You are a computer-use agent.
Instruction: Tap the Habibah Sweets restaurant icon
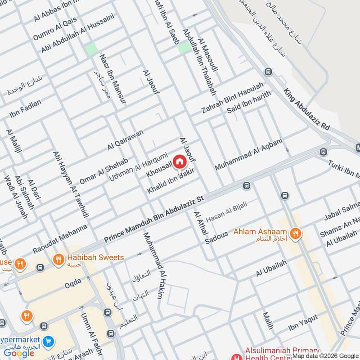pyautogui.click(x=58, y=259)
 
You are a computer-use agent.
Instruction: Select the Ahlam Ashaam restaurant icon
pyautogui.click(x=295, y=233)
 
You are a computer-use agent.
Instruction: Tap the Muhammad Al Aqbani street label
pyautogui.click(x=248, y=154)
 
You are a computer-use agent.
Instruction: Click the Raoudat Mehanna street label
pyautogui.click(x=60, y=238)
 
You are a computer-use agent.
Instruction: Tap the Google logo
pyautogui.click(x=19, y=353)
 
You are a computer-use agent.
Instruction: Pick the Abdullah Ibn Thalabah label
pyautogui.click(x=199, y=58)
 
